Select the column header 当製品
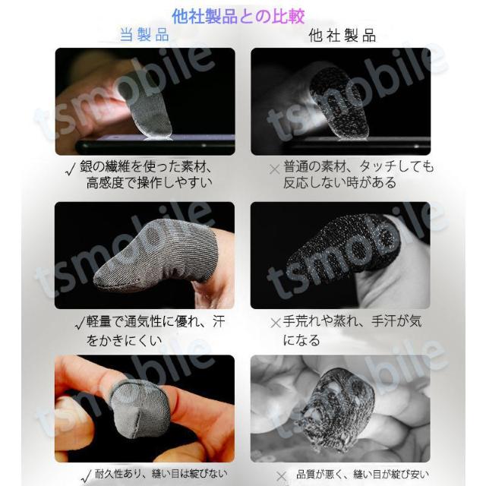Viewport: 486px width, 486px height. point(144,36)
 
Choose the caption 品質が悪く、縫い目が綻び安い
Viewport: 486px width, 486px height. point(361,474)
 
